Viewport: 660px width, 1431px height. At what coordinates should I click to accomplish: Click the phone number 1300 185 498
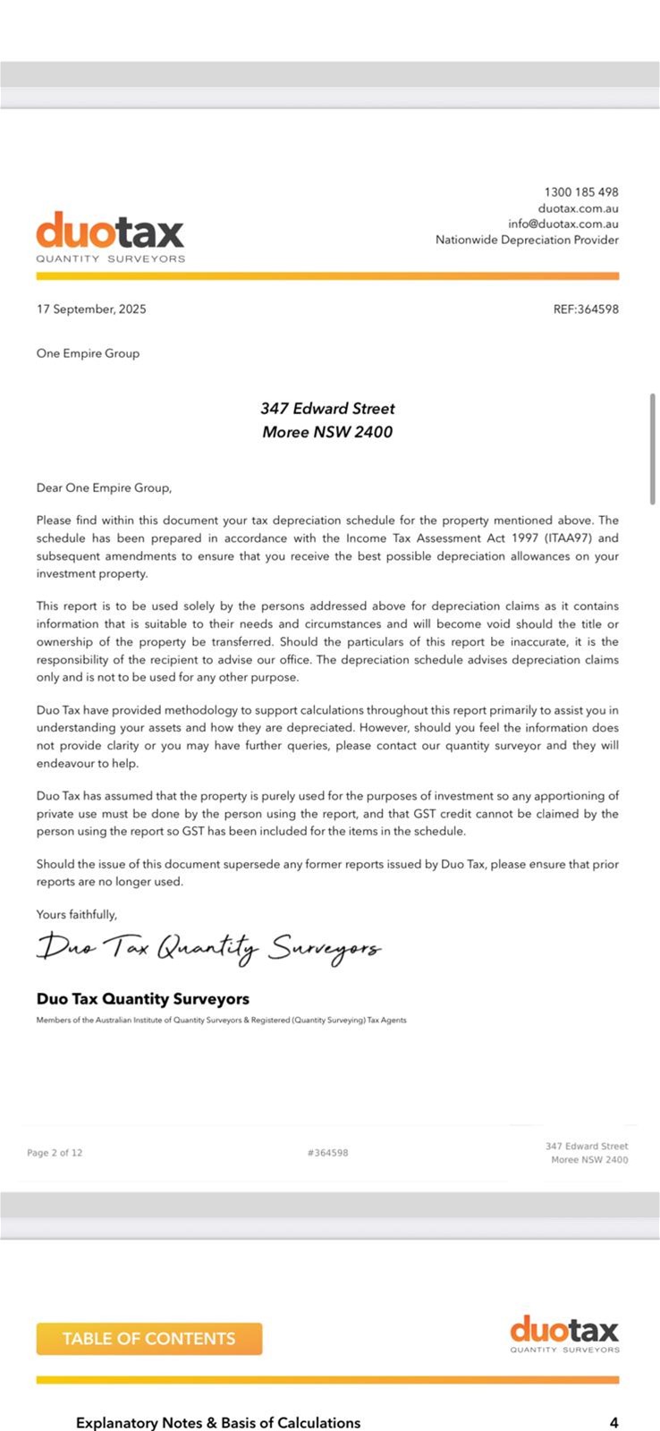point(580,192)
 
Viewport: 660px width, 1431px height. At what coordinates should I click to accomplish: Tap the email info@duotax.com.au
point(563,224)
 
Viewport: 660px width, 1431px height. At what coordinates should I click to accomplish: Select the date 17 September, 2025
point(91,309)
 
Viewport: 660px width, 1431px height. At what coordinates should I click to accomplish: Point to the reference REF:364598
point(586,309)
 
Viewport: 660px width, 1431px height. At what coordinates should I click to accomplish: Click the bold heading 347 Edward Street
point(327,409)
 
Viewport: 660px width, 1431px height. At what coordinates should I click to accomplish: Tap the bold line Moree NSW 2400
point(327,432)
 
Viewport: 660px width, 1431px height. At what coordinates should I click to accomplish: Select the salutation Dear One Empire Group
point(104,488)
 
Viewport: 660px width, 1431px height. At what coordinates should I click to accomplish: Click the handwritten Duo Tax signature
point(208,947)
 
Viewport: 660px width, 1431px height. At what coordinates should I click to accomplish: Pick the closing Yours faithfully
point(77,914)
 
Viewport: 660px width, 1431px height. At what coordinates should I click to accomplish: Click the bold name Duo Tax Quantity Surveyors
point(143,999)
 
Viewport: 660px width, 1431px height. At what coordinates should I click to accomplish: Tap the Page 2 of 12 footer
point(55,1153)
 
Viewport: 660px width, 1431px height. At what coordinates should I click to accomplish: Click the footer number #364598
point(327,1153)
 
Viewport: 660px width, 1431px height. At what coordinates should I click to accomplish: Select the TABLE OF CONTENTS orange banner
point(149,1339)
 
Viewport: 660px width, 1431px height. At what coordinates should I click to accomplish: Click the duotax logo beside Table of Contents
point(564,1334)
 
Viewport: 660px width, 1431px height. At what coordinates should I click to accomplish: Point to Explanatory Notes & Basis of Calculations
point(218,1422)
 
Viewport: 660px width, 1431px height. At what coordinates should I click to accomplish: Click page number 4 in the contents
point(613,1422)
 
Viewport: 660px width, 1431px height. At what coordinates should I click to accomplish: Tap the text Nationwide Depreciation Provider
point(527,240)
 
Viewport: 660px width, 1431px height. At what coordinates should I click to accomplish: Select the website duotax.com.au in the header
point(578,208)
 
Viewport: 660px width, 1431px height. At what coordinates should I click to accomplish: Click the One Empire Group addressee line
point(88,353)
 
